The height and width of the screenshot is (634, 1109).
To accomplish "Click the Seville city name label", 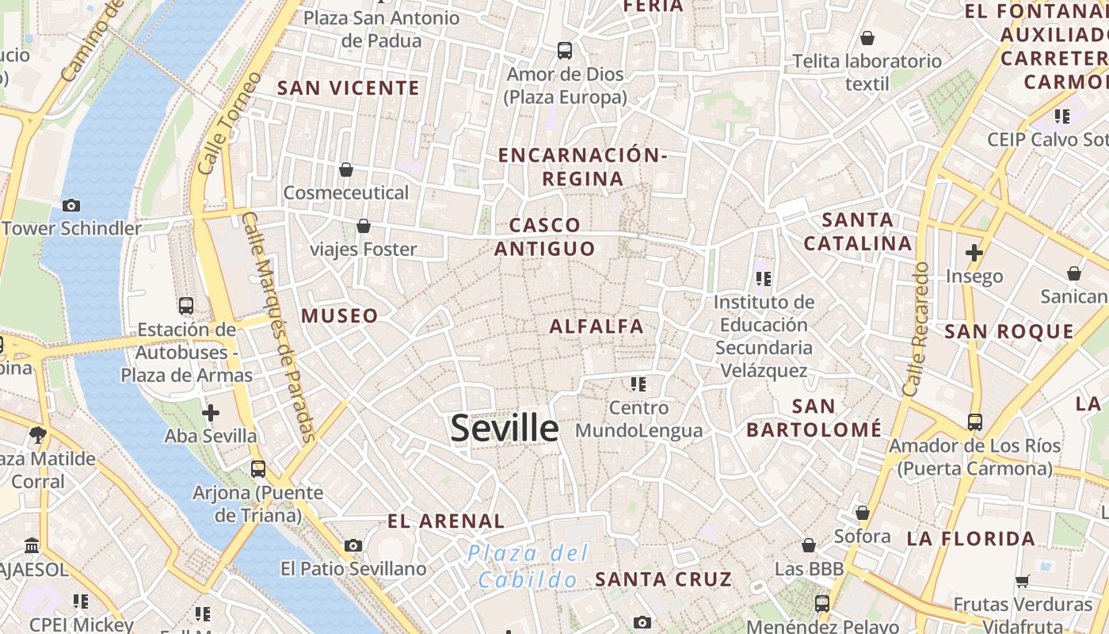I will (x=505, y=428).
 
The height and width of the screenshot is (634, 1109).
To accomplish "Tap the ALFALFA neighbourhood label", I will (x=596, y=326).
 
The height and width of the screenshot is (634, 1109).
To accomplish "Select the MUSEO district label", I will (x=339, y=315).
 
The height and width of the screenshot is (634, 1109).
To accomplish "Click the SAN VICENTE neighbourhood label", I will (x=349, y=88).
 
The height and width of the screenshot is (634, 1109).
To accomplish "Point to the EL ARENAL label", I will (x=446, y=521).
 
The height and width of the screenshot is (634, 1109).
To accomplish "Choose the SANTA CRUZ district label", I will (x=664, y=579).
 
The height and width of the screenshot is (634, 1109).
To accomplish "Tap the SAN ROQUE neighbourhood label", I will (x=1009, y=331).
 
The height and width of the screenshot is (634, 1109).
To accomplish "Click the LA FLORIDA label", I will (x=971, y=539).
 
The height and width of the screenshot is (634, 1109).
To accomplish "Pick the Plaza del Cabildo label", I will (x=528, y=566).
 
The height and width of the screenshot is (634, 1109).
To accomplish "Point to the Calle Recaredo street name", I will (x=916, y=329).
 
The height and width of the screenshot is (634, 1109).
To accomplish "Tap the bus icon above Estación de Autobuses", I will (x=186, y=306).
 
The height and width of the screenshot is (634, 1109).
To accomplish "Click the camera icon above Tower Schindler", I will (x=71, y=205).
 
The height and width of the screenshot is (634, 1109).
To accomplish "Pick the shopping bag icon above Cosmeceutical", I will (x=346, y=170).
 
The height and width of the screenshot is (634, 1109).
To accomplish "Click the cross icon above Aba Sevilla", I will (x=211, y=413).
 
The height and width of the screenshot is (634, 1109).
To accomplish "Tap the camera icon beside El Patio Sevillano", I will (x=353, y=545).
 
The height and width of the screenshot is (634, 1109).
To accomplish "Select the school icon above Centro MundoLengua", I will (x=638, y=384).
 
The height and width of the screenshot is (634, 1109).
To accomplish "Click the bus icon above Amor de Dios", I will (x=565, y=51).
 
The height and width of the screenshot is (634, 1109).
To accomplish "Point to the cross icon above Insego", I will (x=974, y=253).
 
